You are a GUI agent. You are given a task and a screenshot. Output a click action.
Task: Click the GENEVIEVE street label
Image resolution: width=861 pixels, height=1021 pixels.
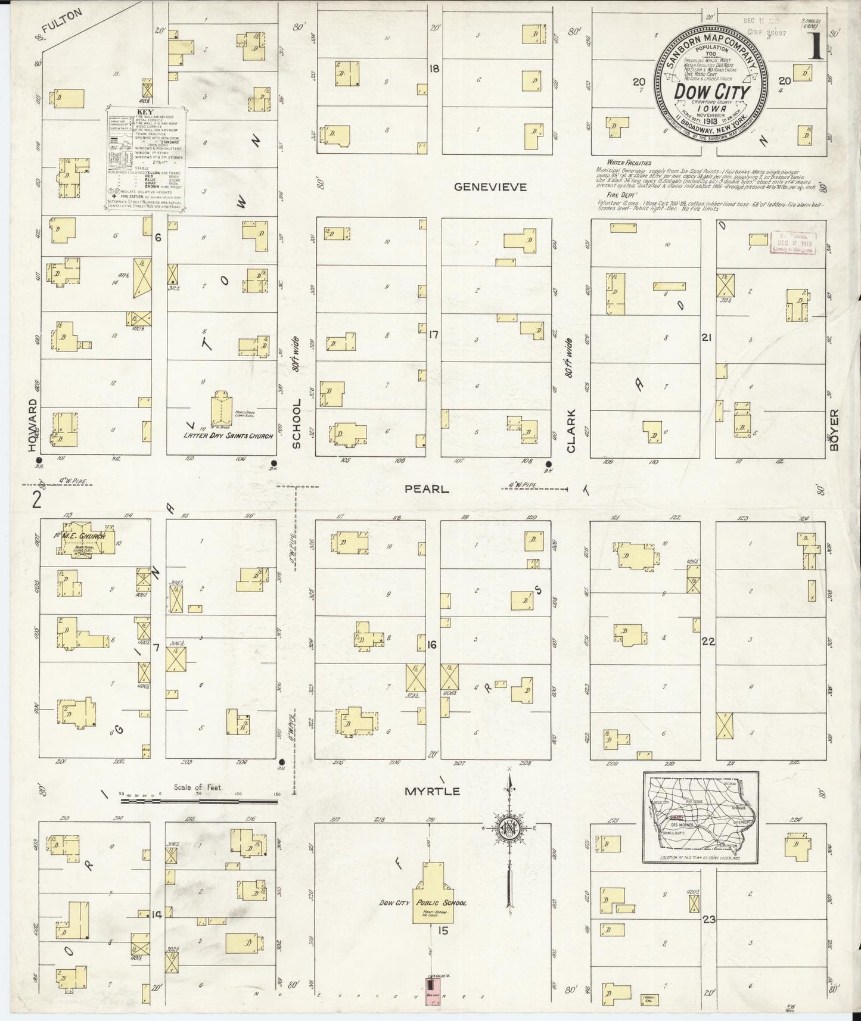(490, 187)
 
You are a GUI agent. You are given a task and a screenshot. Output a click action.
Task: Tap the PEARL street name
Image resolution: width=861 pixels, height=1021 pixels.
(426, 488)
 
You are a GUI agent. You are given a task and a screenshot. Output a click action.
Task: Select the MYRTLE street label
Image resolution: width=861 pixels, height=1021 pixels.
(432, 791)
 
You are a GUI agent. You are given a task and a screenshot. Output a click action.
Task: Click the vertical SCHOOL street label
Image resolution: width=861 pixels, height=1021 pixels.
(296, 424)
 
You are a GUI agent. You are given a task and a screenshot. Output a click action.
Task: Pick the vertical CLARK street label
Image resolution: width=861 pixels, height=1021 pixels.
(570, 431)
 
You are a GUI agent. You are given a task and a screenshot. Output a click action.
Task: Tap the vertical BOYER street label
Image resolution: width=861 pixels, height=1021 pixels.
(834, 429)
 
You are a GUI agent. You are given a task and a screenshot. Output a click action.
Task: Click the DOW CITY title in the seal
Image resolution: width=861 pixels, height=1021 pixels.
(712, 92)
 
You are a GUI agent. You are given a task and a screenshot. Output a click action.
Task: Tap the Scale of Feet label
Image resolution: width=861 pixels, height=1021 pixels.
(198, 787)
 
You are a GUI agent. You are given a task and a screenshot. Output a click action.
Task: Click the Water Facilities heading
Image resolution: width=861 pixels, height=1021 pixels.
(629, 162)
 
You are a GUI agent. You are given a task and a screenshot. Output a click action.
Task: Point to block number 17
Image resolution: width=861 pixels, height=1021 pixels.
(433, 335)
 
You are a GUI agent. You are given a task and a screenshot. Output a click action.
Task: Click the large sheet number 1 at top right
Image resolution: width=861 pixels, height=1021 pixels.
(816, 46)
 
